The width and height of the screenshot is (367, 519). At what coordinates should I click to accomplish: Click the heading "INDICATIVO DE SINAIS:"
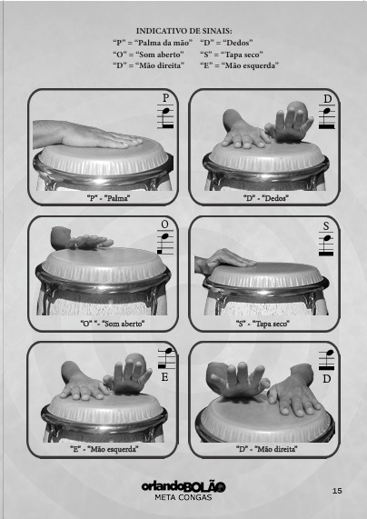point(183,31)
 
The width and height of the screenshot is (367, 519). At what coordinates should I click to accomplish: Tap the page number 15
point(337,491)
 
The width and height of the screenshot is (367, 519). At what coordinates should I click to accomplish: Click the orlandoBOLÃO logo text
point(183,486)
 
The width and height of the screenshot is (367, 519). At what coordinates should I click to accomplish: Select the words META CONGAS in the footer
point(183,497)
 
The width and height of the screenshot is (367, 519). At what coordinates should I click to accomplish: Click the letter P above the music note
point(166,98)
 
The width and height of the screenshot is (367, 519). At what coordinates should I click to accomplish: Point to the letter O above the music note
point(164,225)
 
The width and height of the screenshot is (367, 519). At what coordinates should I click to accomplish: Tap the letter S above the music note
point(326,226)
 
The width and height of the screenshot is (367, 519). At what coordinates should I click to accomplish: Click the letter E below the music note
point(164,377)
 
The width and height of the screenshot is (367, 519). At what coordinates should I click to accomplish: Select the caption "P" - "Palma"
point(108,198)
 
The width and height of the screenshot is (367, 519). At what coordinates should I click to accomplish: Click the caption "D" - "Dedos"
point(266,198)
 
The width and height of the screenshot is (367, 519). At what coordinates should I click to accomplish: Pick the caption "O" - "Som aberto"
point(113,324)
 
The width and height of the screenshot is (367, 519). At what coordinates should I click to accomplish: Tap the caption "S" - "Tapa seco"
point(263,324)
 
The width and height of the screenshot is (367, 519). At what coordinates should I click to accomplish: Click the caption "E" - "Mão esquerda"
point(104,449)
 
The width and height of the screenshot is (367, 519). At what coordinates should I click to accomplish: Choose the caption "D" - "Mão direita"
point(267,449)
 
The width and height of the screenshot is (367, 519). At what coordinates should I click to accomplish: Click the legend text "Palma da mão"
point(164,43)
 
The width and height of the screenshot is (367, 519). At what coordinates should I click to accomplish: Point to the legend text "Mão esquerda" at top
point(251,65)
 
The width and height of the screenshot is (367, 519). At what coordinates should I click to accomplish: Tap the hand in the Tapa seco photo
point(225,262)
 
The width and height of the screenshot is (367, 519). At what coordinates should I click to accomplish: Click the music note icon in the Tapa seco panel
point(326,244)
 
